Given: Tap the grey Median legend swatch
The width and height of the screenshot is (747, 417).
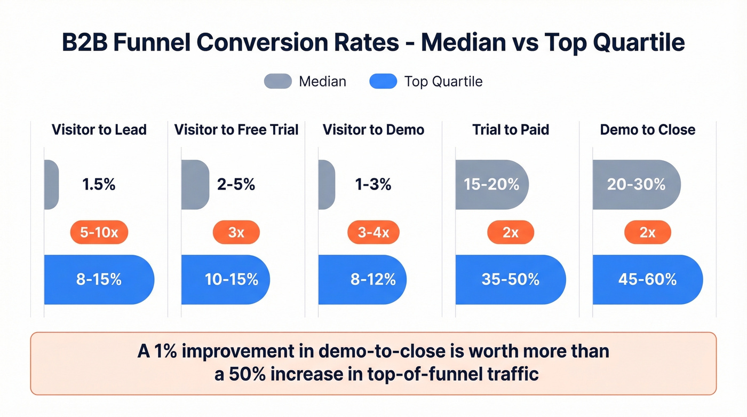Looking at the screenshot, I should [x=277, y=81].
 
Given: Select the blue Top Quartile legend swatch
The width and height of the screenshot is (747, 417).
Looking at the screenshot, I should [x=383, y=81].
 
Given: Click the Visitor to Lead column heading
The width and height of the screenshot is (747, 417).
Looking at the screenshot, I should [x=99, y=130].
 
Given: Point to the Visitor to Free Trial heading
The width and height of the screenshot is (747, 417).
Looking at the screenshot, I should [x=236, y=130].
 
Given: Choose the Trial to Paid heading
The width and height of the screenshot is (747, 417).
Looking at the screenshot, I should [x=511, y=130].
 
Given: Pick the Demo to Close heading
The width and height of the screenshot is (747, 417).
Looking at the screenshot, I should [x=648, y=130].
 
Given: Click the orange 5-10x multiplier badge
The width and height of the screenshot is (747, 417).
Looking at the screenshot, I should [x=99, y=232].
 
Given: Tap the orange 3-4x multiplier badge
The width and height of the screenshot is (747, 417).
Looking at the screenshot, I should [x=373, y=232].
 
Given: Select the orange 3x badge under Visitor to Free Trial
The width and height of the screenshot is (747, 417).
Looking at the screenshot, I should [x=236, y=232].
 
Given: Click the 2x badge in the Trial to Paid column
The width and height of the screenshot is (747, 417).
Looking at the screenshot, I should [x=511, y=232].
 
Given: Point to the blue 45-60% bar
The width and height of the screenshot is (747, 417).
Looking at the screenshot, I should [x=648, y=279].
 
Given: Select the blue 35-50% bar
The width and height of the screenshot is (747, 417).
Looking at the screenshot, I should [x=511, y=279].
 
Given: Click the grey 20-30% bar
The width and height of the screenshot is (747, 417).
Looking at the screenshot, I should [x=637, y=185].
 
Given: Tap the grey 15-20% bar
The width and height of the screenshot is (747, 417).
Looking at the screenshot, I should [x=491, y=185].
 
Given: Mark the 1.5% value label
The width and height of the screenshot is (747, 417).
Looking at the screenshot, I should [x=99, y=185].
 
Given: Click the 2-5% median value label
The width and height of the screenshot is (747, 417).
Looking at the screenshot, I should [x=236, y=185].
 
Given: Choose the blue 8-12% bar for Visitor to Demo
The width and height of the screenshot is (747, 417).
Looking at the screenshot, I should [x=363, y=279].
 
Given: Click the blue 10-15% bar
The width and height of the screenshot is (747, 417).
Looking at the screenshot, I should [x=226, y=279].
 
